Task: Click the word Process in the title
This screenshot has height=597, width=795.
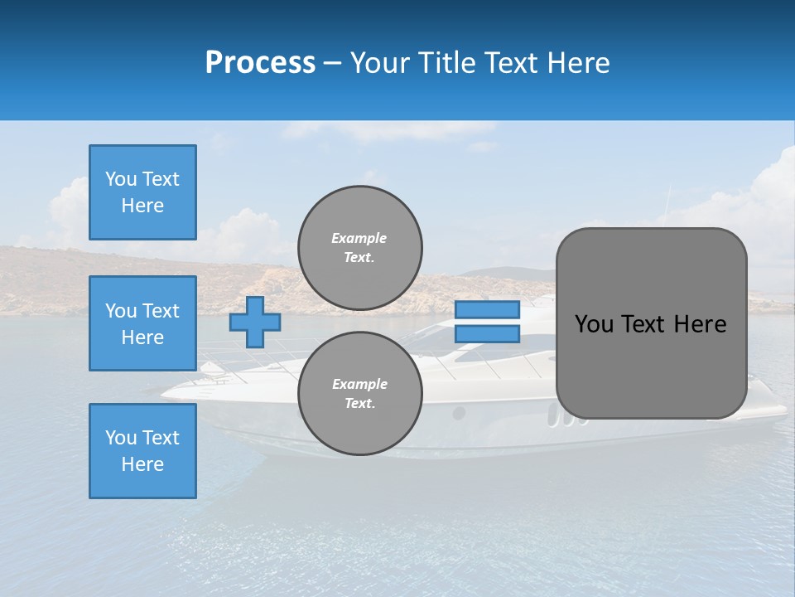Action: pos(260,63)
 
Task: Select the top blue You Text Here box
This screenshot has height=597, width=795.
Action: pos(142,192)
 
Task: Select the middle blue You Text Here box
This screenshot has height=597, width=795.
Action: pos(142,323)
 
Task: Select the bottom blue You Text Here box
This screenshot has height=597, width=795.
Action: pos(142,451)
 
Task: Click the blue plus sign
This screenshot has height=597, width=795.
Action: pos(255,322)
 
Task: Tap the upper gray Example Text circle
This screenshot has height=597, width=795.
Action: pos(359,248)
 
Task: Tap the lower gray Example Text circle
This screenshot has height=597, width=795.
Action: pos(359,394)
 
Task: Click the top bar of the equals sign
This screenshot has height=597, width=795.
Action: pos(487,309)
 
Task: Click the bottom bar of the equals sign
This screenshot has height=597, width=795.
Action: pos(487,334)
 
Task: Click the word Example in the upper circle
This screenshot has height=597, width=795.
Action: pos(359,239)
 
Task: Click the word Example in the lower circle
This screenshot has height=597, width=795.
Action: pos(359,385)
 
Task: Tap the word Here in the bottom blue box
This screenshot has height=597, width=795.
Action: pos(142,464)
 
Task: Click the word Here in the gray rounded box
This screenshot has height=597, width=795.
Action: pos(700,324)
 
